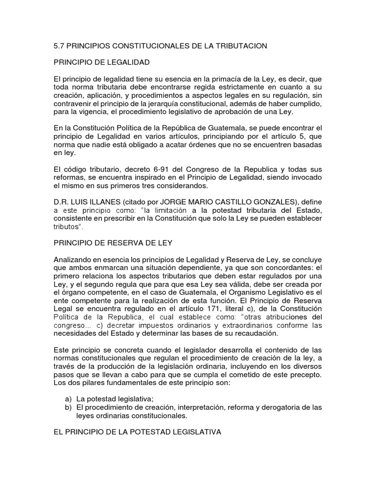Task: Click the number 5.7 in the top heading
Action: pos(57,46)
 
